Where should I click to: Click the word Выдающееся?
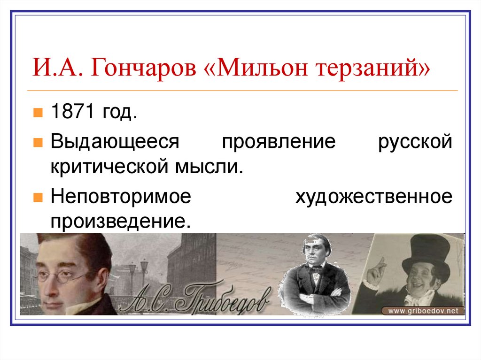coord(115,141)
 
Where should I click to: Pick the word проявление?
coord(279,141)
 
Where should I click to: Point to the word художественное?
coord(374,196)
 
